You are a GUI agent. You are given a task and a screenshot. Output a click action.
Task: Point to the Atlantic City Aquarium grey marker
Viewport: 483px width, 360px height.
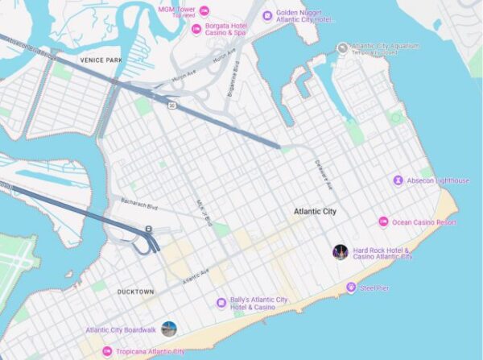[342, 48]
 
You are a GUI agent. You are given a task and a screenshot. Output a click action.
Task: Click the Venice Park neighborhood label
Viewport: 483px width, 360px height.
[101, 60]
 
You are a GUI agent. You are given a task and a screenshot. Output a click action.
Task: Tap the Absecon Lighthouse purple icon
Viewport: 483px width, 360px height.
[398, 180]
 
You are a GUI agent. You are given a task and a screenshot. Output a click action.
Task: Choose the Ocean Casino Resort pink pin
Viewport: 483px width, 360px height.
[383, 221]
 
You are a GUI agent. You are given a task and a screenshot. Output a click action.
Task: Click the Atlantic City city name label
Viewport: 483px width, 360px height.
[315, 212]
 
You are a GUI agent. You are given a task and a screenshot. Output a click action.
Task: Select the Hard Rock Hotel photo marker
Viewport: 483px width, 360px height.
[341, 252]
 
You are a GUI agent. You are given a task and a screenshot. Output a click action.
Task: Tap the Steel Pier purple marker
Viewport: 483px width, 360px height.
[351, 288]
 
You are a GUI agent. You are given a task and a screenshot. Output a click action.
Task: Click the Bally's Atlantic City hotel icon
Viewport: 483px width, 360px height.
[221, 303]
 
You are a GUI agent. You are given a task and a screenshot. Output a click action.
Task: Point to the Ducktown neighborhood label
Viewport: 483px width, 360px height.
[134, 292]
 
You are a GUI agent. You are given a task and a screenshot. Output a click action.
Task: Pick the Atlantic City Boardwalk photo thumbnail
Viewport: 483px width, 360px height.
[169, 329]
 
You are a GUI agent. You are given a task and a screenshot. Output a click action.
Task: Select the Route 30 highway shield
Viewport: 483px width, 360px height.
[172, 105]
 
